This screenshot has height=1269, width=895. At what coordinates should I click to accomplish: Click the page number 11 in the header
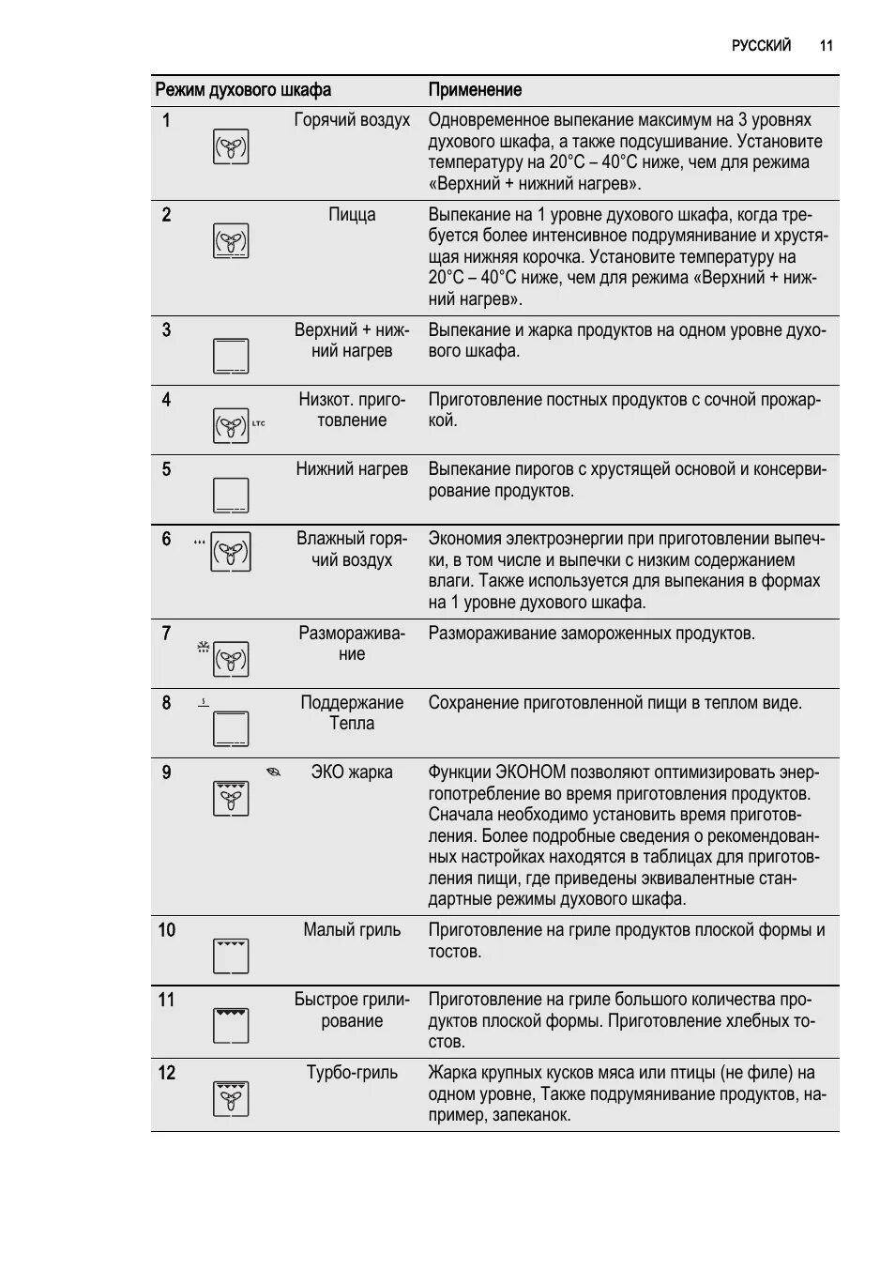826,45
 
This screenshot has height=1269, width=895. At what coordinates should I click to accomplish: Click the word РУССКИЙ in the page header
761,45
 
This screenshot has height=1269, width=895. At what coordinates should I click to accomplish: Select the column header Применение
475,90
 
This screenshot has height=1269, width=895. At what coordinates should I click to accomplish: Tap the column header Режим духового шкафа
243,90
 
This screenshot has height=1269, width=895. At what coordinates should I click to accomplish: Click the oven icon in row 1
231,146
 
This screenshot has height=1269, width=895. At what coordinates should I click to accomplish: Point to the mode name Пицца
352,215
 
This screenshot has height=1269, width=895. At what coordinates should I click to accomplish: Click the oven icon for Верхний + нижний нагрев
231,357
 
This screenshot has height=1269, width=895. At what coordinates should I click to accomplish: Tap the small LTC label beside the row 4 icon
258,423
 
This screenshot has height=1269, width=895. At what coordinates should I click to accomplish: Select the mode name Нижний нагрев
352,469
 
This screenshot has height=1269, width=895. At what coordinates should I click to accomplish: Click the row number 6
166,539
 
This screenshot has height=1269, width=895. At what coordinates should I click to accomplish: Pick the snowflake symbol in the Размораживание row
203,647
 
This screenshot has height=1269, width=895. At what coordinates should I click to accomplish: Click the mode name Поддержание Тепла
352,713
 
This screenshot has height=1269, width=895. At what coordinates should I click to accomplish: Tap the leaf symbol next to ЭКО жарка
273,772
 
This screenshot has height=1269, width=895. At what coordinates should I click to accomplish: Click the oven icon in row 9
231,798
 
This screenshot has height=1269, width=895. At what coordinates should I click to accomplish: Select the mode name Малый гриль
352,930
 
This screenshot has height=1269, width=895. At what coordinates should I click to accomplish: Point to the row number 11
166,1000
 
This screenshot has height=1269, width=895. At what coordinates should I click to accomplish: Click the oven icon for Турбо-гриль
231,1098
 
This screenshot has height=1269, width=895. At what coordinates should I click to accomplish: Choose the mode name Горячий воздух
352,120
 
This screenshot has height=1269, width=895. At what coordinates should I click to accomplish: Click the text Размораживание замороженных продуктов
591,634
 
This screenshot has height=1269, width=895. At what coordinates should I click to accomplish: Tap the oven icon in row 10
231,956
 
